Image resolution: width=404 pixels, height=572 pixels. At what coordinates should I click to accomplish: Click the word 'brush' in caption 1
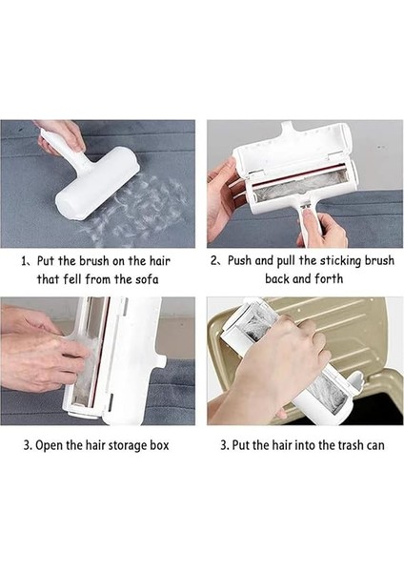(x=94, y=261)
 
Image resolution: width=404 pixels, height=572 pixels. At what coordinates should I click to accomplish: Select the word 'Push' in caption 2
(x=240, y=260)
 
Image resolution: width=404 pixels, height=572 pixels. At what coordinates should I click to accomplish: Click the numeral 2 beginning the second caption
(x=213, y=261)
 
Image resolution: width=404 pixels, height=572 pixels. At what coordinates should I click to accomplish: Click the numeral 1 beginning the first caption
(x=25, y=261)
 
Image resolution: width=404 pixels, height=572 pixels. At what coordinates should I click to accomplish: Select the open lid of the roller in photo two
(x=292, y=145)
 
